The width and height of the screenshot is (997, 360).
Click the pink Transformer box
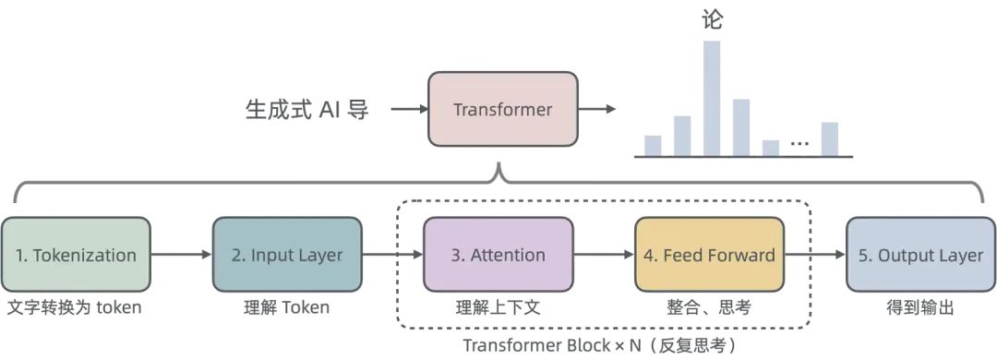click(502, 110)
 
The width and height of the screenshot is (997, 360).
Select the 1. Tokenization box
click(76, 256)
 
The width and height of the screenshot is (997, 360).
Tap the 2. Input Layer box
click(287, 256)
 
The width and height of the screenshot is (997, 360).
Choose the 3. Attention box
click(498, 256)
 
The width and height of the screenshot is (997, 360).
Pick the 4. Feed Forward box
click(709, 256)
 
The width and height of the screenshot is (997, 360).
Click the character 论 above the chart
click(712, 20)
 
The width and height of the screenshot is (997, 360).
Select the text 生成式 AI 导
click(307, 110)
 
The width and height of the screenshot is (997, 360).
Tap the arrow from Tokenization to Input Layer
click(181, 255)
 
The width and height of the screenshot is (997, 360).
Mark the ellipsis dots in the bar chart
click(800, 144)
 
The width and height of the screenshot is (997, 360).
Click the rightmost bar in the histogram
click(829, 138)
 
